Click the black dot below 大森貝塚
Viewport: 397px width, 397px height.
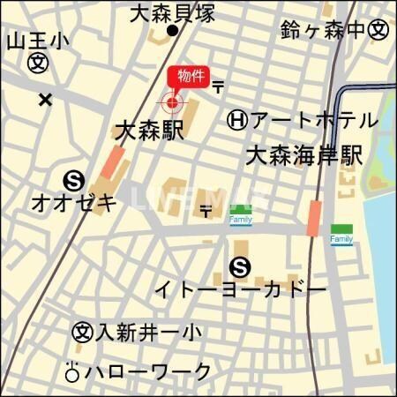coord(173,32)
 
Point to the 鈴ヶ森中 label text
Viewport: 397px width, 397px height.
coord(322,30)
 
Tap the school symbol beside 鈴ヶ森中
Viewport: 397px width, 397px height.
coord(378,30)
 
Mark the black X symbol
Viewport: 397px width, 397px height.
coord(45,99)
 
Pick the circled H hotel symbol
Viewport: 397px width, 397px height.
coord(236,119)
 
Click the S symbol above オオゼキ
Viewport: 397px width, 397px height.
coord(74,181)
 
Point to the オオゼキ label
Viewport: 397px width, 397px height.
coord(74,203)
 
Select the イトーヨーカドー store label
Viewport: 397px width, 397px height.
coord(240,289)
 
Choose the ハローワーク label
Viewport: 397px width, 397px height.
coord(147,371)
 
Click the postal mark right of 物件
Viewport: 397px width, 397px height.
coord(218,86)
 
